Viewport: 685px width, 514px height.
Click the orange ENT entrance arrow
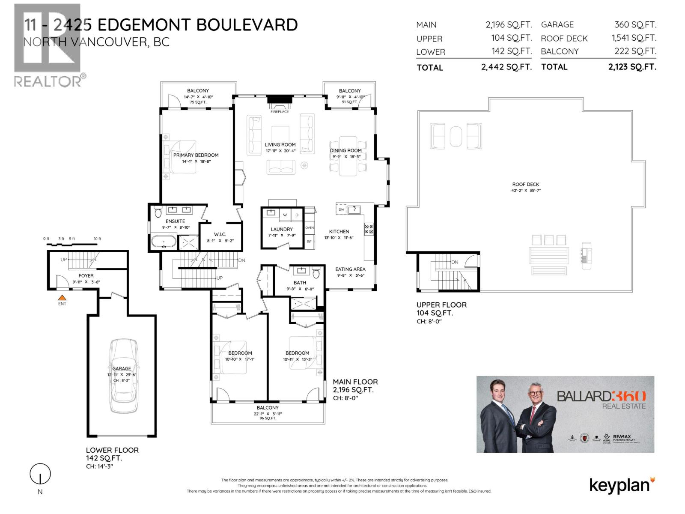pos(62,297)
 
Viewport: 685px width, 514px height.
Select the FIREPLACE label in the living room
pos(280,112)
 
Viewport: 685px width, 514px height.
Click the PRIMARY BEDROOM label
pos(196,155)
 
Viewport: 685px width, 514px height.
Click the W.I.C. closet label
pos(220,234)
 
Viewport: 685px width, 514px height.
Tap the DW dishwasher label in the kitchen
pos(342,210)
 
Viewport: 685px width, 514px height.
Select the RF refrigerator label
pos(309,242)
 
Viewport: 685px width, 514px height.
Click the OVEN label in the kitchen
pos(309,228)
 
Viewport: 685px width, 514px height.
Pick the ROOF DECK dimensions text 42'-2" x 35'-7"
pos(526,190)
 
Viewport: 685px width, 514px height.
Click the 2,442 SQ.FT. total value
pos(506,67)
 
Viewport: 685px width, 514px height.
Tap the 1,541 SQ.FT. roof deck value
pos(634,38)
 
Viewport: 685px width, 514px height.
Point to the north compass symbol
pos(40,474)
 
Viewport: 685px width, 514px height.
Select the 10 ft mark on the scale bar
pos(98,239)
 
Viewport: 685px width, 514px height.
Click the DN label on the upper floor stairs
pos(455,262)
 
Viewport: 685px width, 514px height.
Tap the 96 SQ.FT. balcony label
pos(268,418)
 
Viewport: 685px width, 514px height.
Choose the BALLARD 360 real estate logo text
pos(601,397)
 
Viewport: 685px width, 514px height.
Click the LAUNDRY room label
pos(282,229)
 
